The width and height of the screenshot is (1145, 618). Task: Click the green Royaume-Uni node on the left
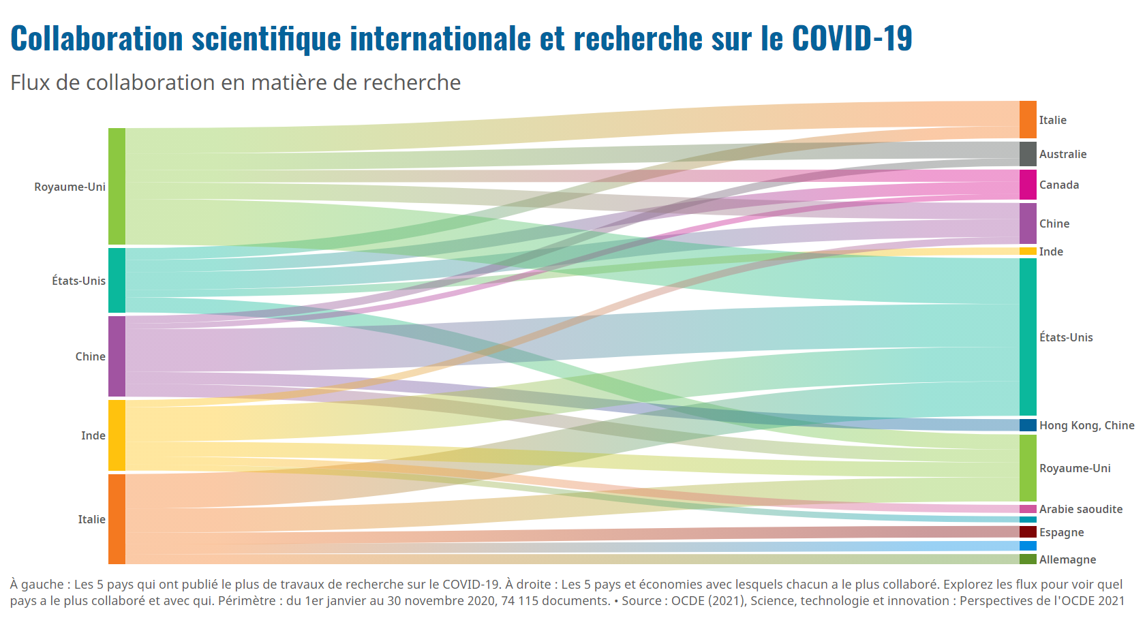coord(117,186)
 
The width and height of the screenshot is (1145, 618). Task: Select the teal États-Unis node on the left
coord(117,280)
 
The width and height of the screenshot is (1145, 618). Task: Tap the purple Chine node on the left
coord(117,356)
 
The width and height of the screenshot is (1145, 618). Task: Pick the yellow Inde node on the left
coord(117,435)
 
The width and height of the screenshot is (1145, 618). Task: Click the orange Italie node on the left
coord(117,519)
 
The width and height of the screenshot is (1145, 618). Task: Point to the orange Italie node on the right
coord(1028,119)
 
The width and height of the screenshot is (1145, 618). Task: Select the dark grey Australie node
coord(1028,153)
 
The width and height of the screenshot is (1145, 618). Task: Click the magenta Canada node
coord(1028,185)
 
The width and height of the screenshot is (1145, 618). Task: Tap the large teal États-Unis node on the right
coord(1028,337)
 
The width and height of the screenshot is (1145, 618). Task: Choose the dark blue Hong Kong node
coord(1028,425)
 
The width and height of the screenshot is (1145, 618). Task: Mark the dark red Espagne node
coord(1028,531)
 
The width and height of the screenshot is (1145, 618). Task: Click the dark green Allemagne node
coord(1028,559)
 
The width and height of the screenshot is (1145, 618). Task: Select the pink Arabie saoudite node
coord(1028,509)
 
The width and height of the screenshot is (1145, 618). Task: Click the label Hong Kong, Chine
coord(1086,425)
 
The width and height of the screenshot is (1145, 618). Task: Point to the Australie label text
coord(1063,154)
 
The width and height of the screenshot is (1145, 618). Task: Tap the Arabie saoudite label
coord(1080,509)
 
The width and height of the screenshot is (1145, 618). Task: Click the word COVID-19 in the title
coord(852,38)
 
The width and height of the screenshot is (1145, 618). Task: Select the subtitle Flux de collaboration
coord(235,82)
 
